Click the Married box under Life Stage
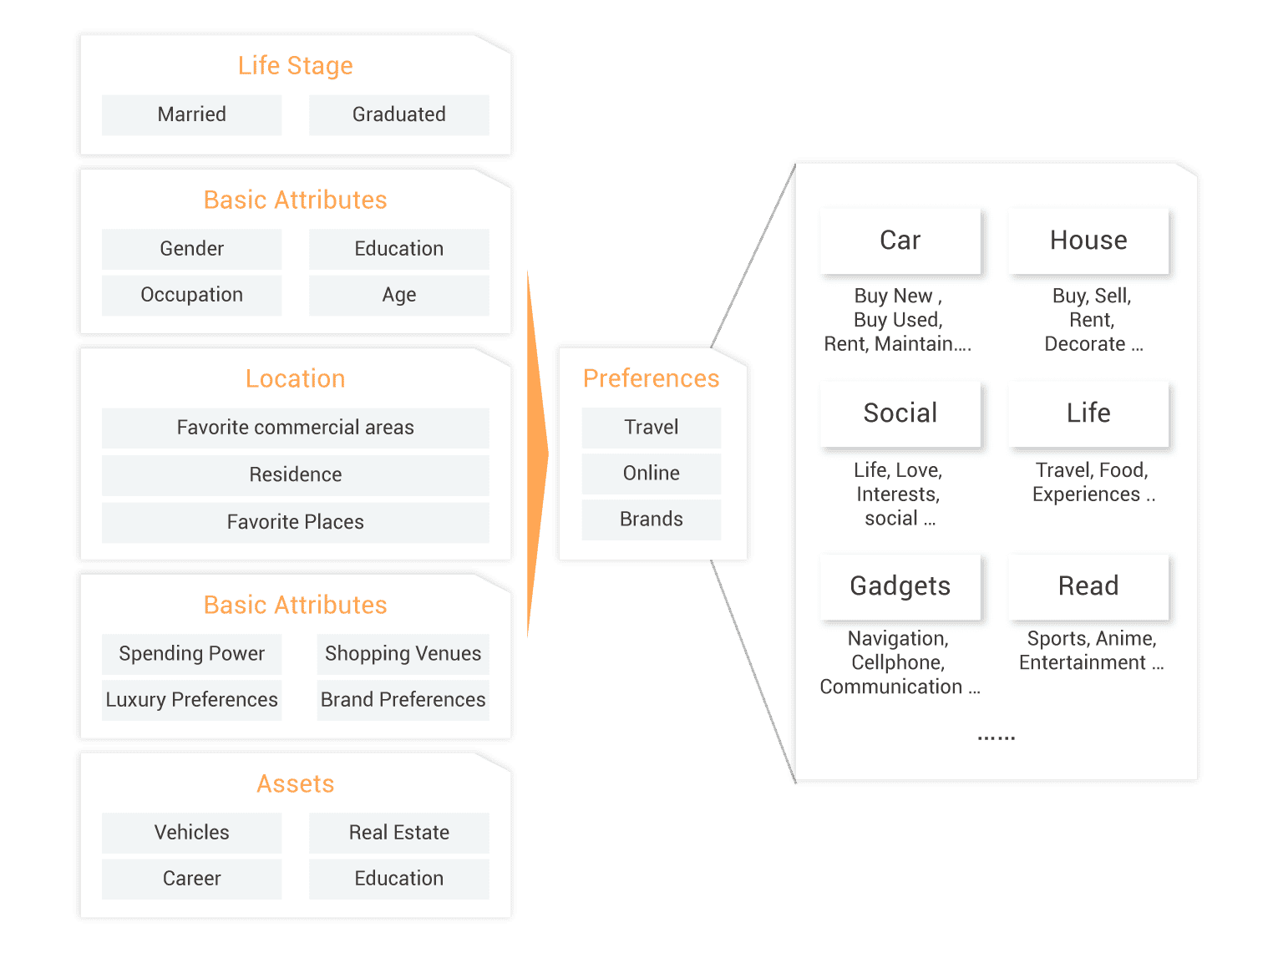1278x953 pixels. point(191,114)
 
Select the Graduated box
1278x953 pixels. point(398,114)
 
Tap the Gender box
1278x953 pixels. point(191,249)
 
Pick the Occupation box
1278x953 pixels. point(191,295)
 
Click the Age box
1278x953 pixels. point(398,295)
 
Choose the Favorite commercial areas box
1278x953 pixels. point(295,428)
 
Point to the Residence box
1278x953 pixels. point(295,474)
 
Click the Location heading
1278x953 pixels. point(295,378)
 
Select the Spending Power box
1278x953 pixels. point(191,653)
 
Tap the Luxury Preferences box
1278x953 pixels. point(191,700)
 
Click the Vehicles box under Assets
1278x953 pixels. point(191,833)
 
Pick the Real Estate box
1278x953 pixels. point(398,833)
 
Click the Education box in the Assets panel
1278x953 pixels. point(398,879)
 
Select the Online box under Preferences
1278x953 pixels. point(651,474)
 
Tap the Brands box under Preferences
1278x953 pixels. point(651,520)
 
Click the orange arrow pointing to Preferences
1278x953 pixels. point(536,455)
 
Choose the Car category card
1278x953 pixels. point(900,241)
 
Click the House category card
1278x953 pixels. point(1088,241)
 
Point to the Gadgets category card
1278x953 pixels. point(900,586)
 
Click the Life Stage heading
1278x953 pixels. point(295,65)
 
